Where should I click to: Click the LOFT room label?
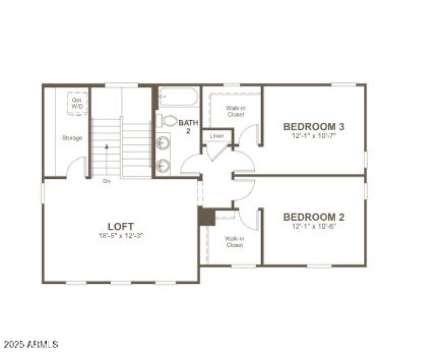(x=120, y=226)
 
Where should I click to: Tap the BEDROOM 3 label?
(x=309, y=126)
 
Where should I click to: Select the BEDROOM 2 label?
(x=309, y=217)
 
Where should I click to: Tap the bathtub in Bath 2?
(x=178, y=97)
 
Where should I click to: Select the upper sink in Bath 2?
(x=163, y=143)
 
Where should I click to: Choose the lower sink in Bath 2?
(x=163, y=164)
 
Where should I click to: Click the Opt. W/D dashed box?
(x=77, y=103)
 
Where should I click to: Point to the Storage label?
(x=71, y=138)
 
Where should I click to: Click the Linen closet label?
(x=213, y=136)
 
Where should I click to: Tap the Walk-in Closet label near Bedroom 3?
(x=235, y=111)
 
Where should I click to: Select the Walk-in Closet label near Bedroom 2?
(x=234, y=241)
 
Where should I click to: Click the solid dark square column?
(x=206, y=216)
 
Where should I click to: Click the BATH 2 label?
(x=188, y=127)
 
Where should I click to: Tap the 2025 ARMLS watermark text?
(x=31, y=345)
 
